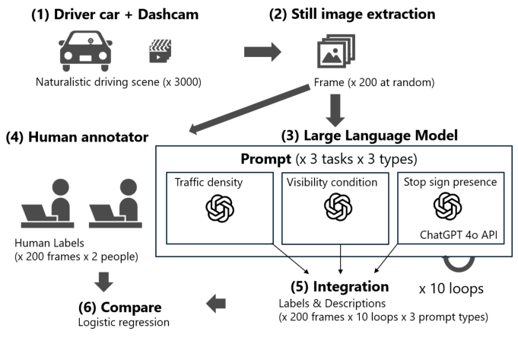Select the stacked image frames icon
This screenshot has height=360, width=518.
[x=335, y=53]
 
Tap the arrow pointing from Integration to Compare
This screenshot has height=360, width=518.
[x=218, y=304]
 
